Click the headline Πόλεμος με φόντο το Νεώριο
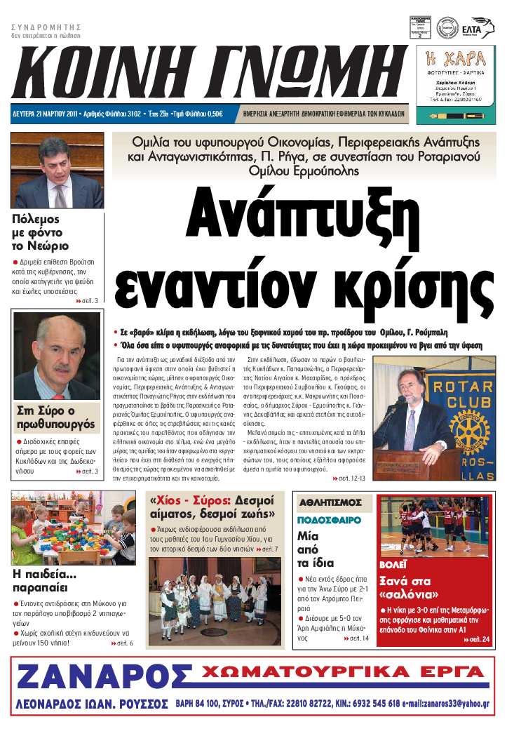click(x=41, y=232)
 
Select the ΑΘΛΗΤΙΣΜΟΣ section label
click(x=330, y=502)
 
